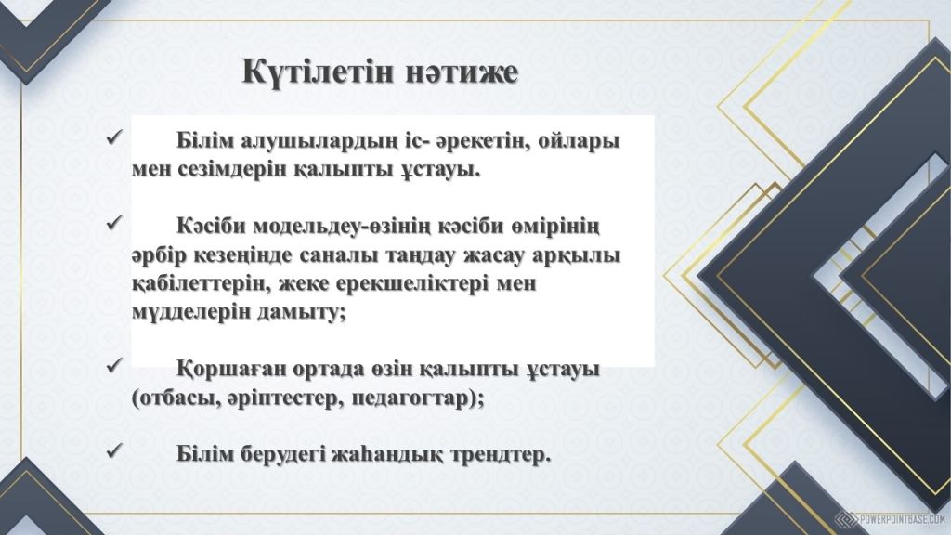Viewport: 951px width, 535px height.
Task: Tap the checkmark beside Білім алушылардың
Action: [x=114, y=137]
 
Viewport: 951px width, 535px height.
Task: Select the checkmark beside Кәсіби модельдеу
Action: [x=114, y=223]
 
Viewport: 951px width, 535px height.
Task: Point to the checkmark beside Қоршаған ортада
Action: [x=114, y=365]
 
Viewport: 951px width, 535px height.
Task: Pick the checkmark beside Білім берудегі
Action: [x=114, y=450]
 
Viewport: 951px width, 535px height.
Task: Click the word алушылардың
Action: [x=319, y=141]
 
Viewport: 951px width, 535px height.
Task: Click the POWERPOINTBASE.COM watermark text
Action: [x=903, y=519]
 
